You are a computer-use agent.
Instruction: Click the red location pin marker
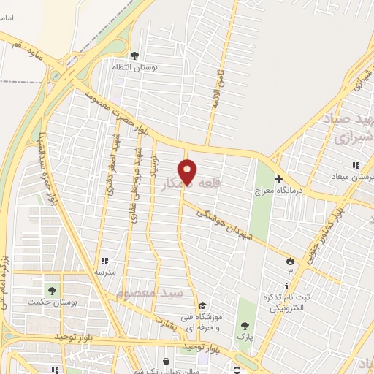coord(188,172)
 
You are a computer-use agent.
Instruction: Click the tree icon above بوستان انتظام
coord(134,55)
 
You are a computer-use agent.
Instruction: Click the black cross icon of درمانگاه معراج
coord(278,179)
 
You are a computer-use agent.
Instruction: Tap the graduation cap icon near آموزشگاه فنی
coord(202,306)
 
